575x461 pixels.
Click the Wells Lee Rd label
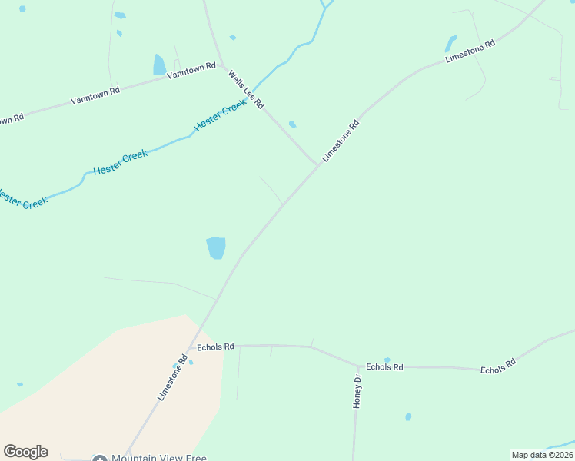coord(246,89)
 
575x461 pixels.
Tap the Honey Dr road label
coord(357,392)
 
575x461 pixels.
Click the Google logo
coord(25,452)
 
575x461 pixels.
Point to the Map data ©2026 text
coord(542,455)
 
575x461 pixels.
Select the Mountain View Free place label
coord(158,458)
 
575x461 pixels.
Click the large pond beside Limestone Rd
coord(216,248)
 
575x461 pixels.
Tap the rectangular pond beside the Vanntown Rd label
coord(159,65)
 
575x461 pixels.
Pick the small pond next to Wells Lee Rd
coord(292,124)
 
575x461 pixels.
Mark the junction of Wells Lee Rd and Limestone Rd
coord(317,164)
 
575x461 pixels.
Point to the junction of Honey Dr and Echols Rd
coord(357,366)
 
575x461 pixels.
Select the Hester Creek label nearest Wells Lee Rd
coord(221,115)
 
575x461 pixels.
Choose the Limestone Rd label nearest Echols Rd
coord(173,377)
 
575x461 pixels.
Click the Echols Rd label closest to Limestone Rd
coord(215,347)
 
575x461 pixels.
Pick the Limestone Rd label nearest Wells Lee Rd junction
coord(341,140)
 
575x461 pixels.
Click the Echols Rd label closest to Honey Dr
coord(384,367)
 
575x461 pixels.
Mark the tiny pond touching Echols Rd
coord(387,360)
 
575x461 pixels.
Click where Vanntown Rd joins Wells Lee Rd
coord(221,64)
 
